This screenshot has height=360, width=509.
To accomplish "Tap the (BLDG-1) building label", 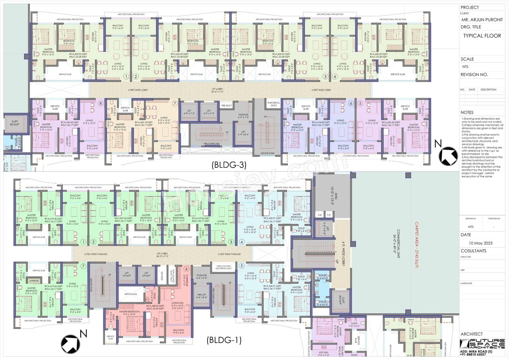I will pos(224,340).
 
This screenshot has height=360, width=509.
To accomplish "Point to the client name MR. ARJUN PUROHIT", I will pos(482,19).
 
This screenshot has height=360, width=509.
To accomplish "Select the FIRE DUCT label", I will pos(227,105).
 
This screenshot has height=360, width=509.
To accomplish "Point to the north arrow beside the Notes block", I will pos(448,154).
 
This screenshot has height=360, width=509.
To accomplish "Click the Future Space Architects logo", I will pos(482,344).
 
